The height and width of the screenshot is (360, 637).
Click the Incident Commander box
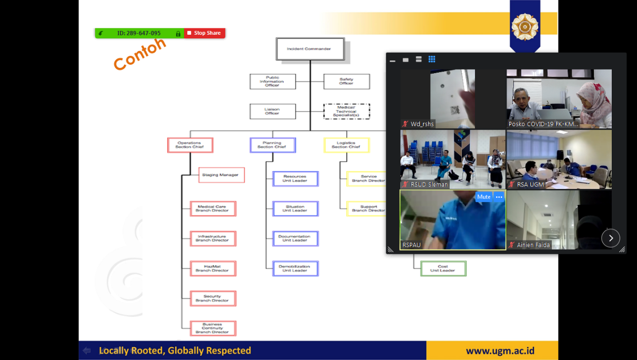click(x=310, y=49)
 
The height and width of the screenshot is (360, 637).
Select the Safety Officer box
click(x=346, y=82)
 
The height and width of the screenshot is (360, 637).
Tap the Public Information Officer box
click(x=272, y=82)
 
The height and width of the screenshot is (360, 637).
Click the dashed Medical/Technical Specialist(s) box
click(x=346, y=112)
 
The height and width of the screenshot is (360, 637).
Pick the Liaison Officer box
click(x=272, y=112)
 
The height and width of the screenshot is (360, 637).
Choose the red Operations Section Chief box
click(x=190, y=145)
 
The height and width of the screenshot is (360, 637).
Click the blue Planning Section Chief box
click(x=272, y=145)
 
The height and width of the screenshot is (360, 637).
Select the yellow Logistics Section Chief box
click(x=346, y=145)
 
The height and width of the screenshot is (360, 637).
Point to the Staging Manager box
click(x=221, y=175)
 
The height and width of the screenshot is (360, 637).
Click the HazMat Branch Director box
click(x=213, y=268)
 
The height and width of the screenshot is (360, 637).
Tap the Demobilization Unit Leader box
click(x=295, y=268)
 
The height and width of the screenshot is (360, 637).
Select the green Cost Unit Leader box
click(x=443, y=268)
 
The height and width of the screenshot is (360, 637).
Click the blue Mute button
click(x=483, y=197)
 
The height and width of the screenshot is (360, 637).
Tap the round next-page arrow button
click(x=611, y=238)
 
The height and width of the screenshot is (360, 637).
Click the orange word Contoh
click(x=140, y=54)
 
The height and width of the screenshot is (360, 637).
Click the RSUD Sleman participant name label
click(x=429, y=184)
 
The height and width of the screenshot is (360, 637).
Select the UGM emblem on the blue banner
click(x=524, y=26)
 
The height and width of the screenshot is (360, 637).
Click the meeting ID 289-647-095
click(x=139, y=33)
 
